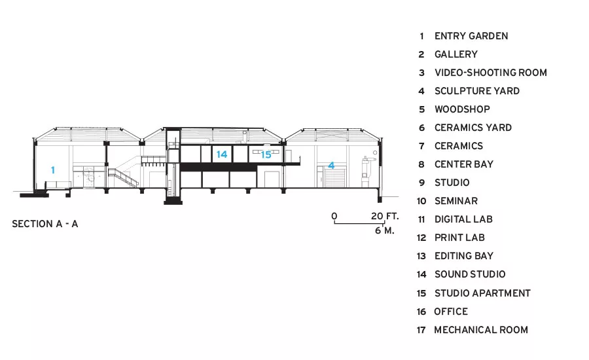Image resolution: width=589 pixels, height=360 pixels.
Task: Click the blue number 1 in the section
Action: pos(53,170)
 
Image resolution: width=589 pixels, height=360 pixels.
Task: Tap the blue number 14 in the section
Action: pos(222,154)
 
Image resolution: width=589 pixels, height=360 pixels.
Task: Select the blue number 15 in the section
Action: pos(266,154)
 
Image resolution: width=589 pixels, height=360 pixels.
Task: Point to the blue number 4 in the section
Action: pos(331,166)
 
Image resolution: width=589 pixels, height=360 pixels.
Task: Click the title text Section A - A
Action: pos(45,224)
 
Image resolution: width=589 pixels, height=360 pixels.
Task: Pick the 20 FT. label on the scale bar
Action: pos(385,216)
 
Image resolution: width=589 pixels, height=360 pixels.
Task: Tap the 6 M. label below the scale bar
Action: pos(385,230)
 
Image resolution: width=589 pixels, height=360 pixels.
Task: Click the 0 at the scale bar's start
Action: pos(334,216)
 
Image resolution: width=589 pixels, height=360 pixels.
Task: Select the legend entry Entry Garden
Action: pos(471,36)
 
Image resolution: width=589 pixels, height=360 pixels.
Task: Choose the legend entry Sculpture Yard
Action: pos(477,91)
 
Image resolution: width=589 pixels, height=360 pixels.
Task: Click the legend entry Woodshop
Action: pos(462,109)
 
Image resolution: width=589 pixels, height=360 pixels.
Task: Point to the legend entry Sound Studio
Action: pos(470,274)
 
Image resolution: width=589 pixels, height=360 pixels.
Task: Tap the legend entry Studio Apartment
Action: pos(482,293)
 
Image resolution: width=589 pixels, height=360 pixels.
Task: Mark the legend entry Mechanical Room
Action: pos(481,330)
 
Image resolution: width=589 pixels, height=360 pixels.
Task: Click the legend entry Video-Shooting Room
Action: pos(491,73)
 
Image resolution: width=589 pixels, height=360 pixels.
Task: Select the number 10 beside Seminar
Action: pos(421,201)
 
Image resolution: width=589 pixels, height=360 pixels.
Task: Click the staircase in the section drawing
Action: pos(123,177)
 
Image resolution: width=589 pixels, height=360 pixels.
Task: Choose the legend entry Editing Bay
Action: pos(464,256)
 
